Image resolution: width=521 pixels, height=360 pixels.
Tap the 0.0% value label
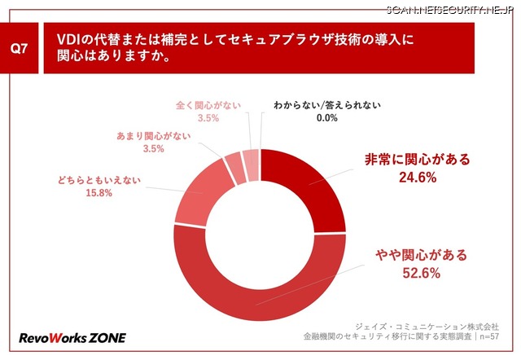click(x=305, y=118)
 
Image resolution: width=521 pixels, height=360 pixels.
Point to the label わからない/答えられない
click(x=305, y=105)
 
